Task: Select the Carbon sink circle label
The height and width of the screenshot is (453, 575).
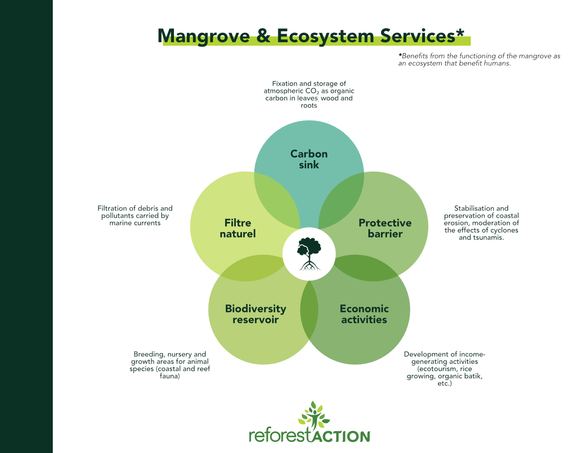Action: coord(309,159)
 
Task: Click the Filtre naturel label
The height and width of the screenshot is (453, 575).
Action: coord(238,228)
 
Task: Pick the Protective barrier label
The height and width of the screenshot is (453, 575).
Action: coord(385,228)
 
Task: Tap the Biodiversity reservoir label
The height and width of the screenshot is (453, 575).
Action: coord(255,314)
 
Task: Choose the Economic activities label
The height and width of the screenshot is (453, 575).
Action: coord(364,314)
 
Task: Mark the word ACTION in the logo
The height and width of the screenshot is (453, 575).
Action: coord(341,436)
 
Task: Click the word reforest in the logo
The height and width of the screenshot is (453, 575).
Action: coord(280,436)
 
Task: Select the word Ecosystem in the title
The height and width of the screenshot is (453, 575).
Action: coord(325,35)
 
